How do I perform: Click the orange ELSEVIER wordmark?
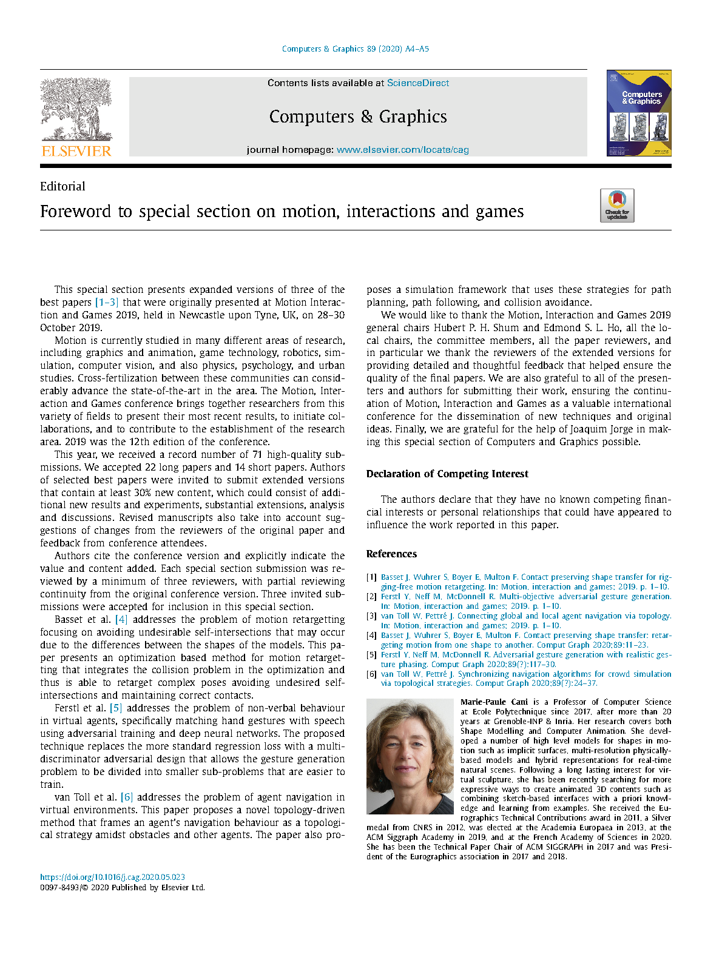click(x=76, y=151)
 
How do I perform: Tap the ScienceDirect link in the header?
click(x=418, y=83)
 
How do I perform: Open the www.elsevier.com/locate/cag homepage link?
click(x=402, y=150)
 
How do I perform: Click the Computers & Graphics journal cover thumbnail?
click(x=639, y=113)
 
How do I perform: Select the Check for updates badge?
click(x=617, y=206)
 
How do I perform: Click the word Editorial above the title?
click(x=62, y=187)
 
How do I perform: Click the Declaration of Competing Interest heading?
click(x=447, y=474)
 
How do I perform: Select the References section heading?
click(x=391, y=554)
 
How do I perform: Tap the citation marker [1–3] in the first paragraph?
click(x=107, y=303)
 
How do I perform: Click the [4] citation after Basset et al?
click(x=121, y=620)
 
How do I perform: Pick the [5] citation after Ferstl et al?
click(x=115, y=708)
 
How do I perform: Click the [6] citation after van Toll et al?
click(x=127, y=797)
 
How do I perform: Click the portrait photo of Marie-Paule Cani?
click(x=410, y=756)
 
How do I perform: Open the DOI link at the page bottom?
click(x=112, y=877)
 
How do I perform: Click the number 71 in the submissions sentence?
click(x=257, y=455)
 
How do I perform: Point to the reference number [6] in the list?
click(x=371, y=674)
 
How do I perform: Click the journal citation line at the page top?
click(x=356, y=49)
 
